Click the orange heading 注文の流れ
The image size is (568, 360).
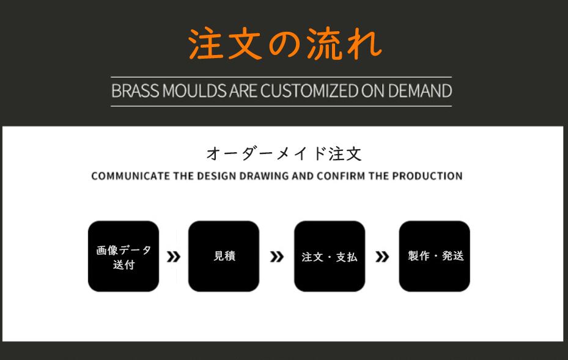point(285,44)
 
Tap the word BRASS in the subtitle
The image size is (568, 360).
point(135,91)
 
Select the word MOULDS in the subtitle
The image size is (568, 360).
point(194,91)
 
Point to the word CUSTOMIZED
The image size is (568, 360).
point(309,91)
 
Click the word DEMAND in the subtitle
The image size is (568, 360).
point(420,91)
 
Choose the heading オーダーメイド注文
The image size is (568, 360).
point(284,153)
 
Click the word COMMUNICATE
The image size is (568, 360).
point(130,176)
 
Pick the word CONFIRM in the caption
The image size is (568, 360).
point(341,176)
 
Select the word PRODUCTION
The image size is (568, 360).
point(427,176)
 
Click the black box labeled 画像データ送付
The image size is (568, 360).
point(124,256)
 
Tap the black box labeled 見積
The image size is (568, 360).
point(224,256)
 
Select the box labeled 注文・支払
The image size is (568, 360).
point(330,256)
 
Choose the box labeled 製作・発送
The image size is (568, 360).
point(434,256)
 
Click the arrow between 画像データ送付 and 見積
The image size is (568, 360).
point(174,257)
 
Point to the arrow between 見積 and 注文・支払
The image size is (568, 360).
point(277,257)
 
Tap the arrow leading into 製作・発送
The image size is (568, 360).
point(382,257)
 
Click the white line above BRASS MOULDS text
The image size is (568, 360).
point(281,77)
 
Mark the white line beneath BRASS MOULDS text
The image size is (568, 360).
point(281,106)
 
